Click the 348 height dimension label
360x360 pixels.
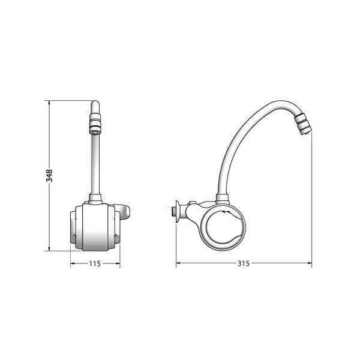tap(49, 176)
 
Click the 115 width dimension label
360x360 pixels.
tap(95, 263)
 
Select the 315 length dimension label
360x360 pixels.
tap(243, 263)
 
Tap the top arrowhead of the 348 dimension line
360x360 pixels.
tap(49, 103)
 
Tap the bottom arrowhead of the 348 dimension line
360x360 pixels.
tap(49, 248)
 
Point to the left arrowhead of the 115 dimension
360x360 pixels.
tap(73, 263)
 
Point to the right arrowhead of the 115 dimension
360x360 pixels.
tap(118, 263)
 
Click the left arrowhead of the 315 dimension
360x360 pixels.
tap(179, 263)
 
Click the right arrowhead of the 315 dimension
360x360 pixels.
tap(309, 263)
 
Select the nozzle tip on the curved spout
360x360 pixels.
tap(303, 125)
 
